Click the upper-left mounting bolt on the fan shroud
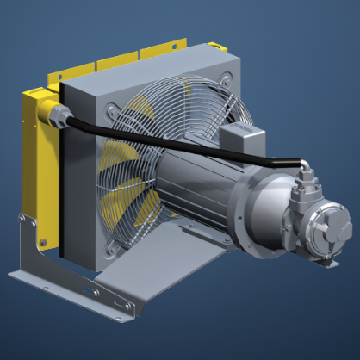111,109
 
